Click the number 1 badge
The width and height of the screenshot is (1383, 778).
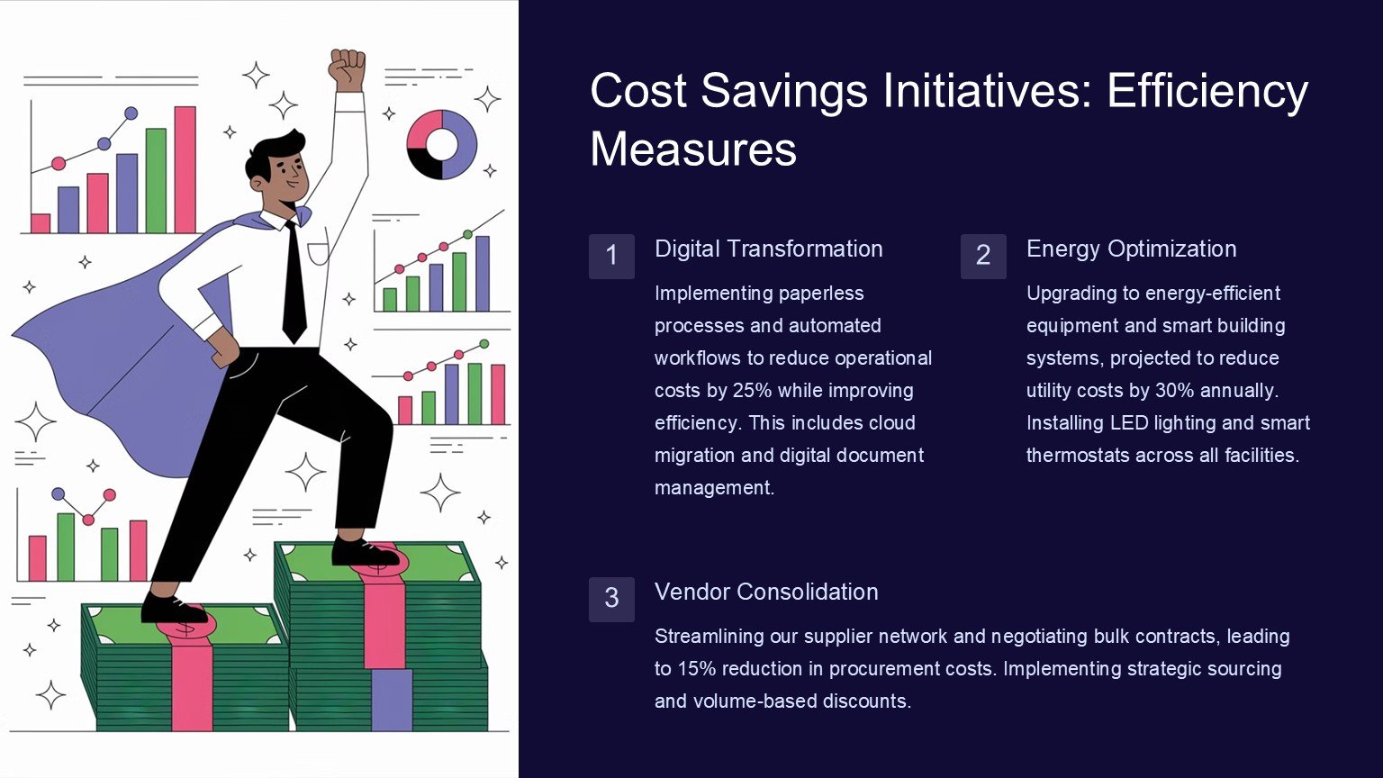tap(611, 257)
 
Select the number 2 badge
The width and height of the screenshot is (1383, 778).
tap(983, 257)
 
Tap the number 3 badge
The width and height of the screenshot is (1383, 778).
tap(611, 599)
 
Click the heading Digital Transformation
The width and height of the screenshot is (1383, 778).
tap(769, 249)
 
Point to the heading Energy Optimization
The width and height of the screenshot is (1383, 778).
tap(1132, 249)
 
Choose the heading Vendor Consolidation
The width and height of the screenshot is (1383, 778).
tap(766, 592)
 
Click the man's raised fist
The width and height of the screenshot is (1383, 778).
tap(348, 69)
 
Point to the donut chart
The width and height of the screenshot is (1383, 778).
tap(441, 144)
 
